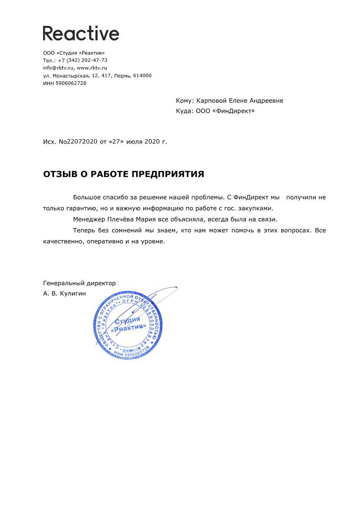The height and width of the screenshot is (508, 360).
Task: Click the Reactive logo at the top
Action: (x=81, y=33)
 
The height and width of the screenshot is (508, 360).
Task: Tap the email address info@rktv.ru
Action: (x=58, y=68)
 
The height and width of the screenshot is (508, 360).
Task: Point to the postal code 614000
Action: (x=142, y=76)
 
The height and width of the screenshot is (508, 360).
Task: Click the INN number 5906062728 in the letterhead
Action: (x=71, y=84)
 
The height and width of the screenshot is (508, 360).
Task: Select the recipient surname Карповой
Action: (x=212, y=101)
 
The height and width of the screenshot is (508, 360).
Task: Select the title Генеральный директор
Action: (x=79, y=283)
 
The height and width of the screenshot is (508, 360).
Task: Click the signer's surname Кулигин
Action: (x=73, y=294)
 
